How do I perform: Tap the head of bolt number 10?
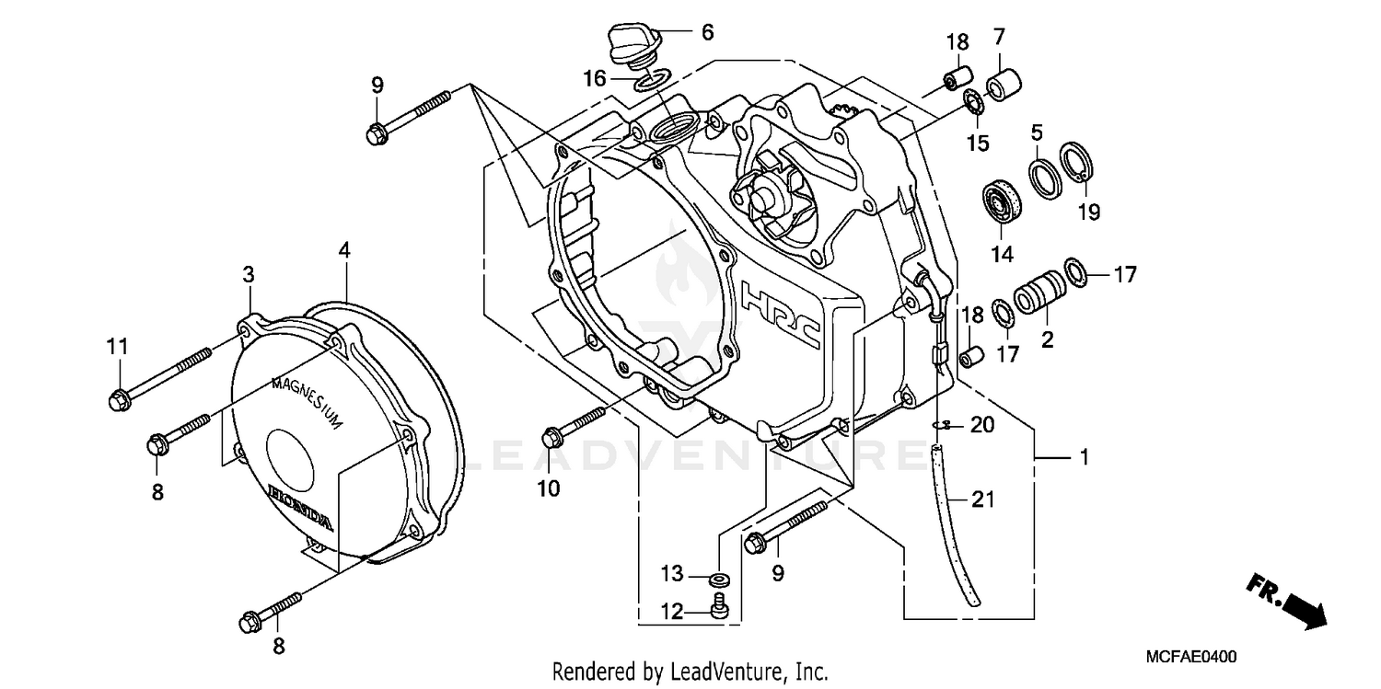tap(552, 438)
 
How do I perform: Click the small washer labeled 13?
tap(719, 580)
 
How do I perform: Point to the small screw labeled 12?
tap(720, 606)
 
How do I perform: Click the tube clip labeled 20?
tap(938, 424)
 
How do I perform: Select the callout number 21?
tap(983, 500)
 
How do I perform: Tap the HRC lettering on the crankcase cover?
tap(781, 314)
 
